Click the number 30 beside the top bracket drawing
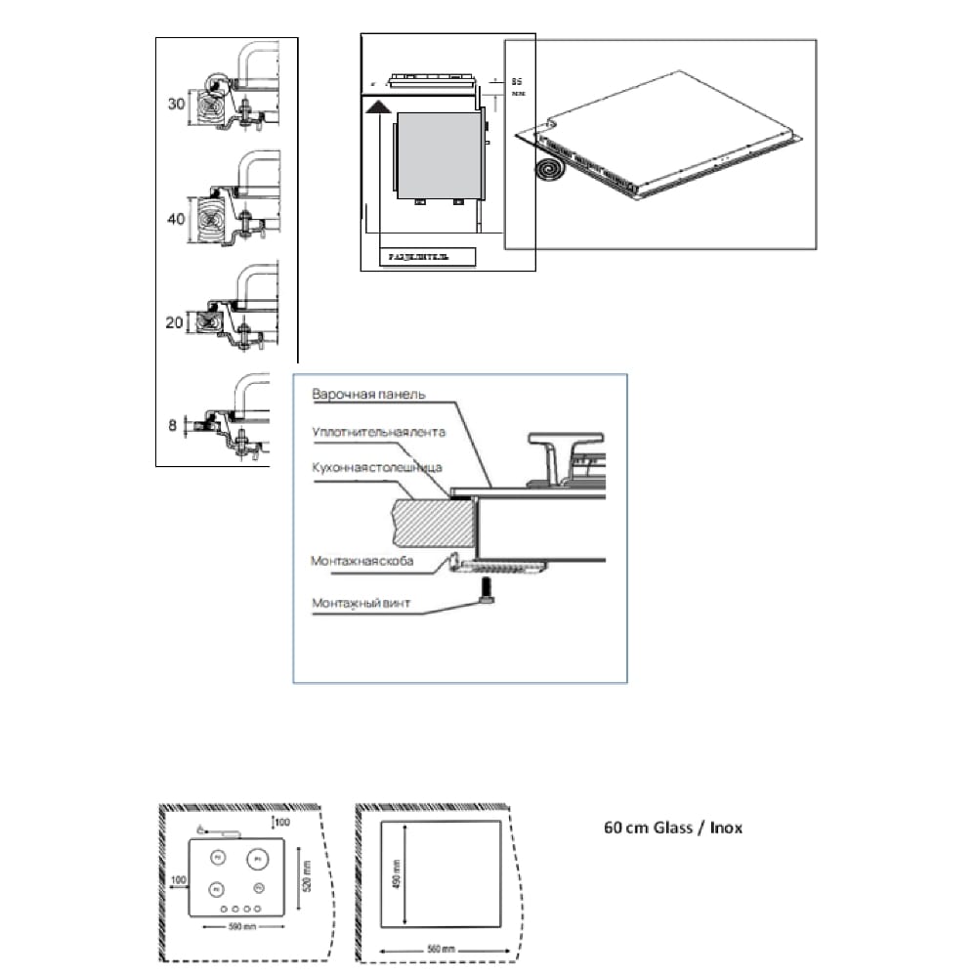(x=176, y=103)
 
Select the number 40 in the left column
(x=176, y=219)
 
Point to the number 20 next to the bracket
(x=175, y=322)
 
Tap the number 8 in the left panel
(x=173, y=425)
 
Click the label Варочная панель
(x=368, y=395)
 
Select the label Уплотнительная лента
(x=378, y=431)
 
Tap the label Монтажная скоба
(x=361, y=562)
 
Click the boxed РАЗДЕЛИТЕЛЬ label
(x=418, y=257)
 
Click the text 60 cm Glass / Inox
(x=673, y=828)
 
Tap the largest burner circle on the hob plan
(x=256, y=858)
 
